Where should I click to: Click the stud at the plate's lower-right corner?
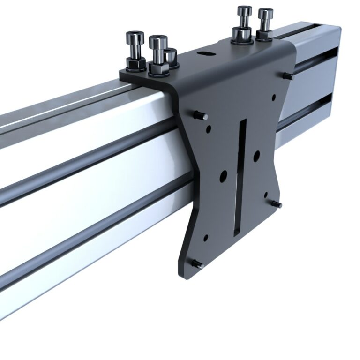click(277, 204)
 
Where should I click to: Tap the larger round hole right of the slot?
click(256, 156)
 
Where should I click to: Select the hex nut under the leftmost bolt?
click(135, 64)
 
